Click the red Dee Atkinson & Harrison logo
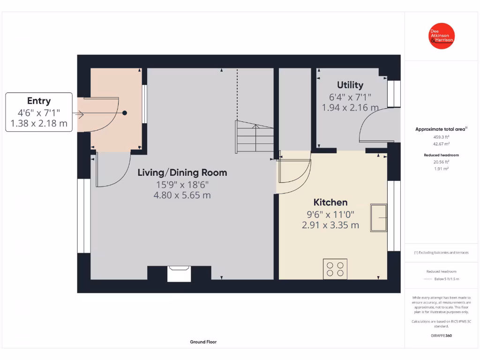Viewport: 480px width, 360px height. (441, 36)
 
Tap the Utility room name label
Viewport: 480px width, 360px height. (350, 85)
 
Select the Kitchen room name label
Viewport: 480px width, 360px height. (330, 202)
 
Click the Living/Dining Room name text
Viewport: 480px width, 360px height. (182, 172)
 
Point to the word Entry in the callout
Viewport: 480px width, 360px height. (39, 101)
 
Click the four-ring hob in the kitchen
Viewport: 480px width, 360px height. (335, 269)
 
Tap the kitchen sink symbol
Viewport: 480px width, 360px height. (379, 217)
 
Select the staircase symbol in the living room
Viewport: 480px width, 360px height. (254, 137)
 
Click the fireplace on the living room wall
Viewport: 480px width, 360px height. (179, 274)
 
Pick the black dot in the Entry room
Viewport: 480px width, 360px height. (125, 113)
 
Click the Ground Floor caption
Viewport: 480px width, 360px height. (203, 342)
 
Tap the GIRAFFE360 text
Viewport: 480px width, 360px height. (441, 336)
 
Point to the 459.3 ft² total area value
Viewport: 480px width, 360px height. (441, 137)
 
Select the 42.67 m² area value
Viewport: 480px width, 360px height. (441, 144)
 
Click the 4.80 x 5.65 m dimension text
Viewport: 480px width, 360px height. (182, 195)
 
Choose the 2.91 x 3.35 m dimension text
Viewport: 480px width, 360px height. (330, 225)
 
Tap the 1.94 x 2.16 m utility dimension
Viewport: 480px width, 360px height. (350, 107)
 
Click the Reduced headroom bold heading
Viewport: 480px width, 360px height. (441, 155)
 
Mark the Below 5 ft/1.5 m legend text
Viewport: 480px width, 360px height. (447, 279)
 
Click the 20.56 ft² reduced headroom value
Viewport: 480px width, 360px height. (441, 162)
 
